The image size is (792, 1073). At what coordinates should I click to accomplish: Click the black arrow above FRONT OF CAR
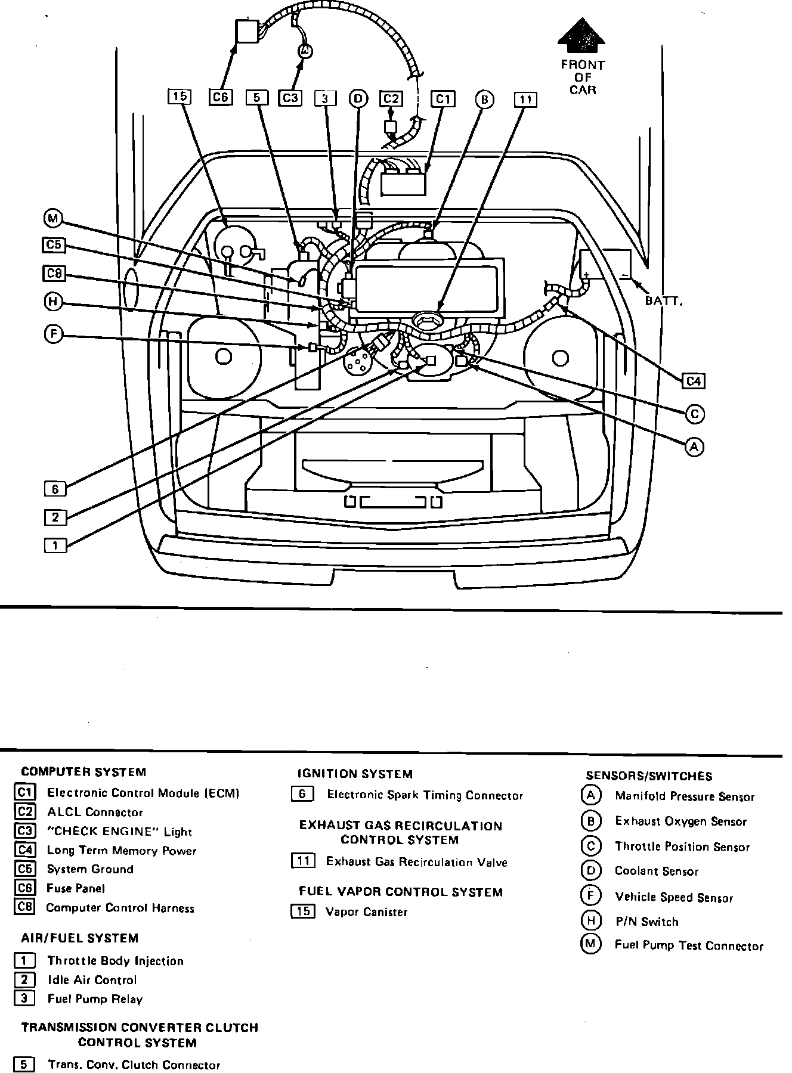pyautogui.click(x=581, y=38)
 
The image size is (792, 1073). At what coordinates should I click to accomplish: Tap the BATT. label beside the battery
pyautogui.click(x=663, y=301)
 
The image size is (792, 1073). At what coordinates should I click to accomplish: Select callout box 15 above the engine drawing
pyautogui.click(x=180, y=97)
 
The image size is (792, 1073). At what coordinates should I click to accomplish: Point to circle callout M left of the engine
pyautogui.click(x=53, y=219)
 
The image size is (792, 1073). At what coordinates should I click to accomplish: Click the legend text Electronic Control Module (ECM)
pyautogui.click(x=143, y=793)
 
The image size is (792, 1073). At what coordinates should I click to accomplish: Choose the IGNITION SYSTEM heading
pyautogui.click(x=355, y=774)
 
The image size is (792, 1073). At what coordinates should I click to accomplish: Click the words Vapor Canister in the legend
pyautogui.click(x=366, y=912)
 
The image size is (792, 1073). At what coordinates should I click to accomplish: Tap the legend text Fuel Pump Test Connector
pyautogui.click(x=689, y=946)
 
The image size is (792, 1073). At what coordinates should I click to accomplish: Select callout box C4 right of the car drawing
pyautogui.click(x=694, y=380)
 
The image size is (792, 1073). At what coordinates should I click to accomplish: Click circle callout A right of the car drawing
pyautogui.click(x=694, y=446)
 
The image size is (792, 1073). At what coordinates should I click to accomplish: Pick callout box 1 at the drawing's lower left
pyautogui.click(x=55, y=545)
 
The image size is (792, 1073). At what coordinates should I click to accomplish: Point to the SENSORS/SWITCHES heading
pyautogui.click(x=649, y=776)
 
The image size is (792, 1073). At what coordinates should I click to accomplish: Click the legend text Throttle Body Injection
pyautogui.click(x=115, y=961)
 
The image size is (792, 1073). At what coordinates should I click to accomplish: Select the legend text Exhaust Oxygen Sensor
pyautogui.click(x=680, y=821)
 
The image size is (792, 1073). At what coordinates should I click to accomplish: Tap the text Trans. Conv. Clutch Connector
pyautogui.click(x=134, y=1065)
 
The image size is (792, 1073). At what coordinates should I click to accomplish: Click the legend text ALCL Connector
pyautogui.click(x=95, y=812)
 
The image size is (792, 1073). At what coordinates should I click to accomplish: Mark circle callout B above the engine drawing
pyautogui.click(x=484, y=100)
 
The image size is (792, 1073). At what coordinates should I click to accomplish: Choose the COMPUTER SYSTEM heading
pyautogui.click(x=83, y=772)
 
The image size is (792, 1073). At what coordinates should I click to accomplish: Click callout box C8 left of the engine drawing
pyautogui.click(x=54, y=274)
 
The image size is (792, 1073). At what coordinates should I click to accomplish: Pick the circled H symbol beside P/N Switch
pyautogui.click(x=590, y=921)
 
